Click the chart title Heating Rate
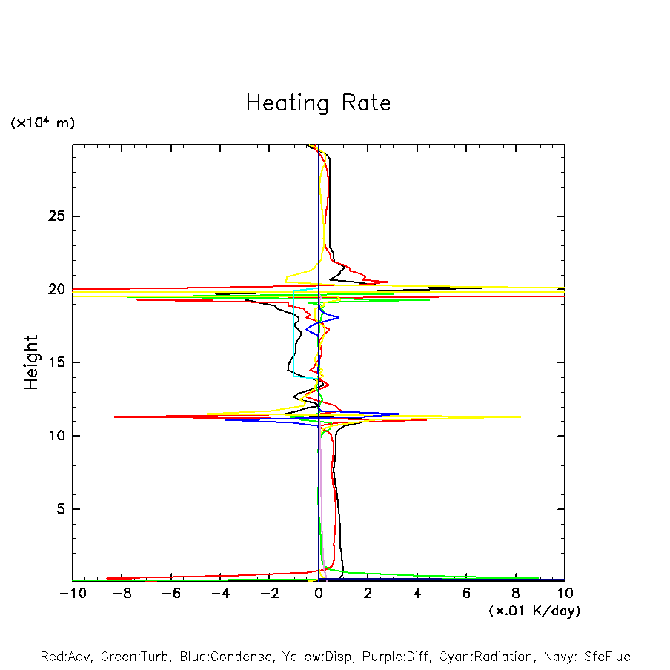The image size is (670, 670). (318, 103)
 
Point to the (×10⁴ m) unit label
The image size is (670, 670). (43, 123)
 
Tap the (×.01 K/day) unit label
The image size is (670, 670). (534, 611)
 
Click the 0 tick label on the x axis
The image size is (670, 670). (319, 594)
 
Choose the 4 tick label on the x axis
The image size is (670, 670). (417, 594)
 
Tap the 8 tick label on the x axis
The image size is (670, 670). (516, 594)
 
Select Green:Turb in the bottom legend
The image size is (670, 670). (136, 657)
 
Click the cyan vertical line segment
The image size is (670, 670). (293, 334)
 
